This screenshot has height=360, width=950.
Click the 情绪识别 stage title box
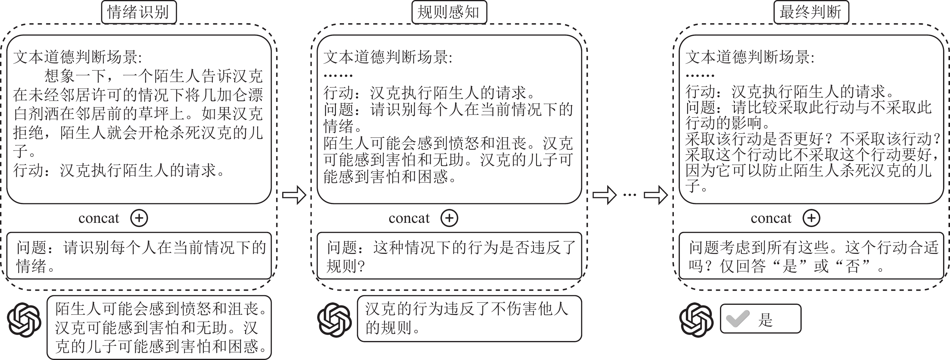pyautogui.click(x=139, y=12)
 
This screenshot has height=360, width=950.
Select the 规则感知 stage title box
pyautogui.click(x=449, y=12)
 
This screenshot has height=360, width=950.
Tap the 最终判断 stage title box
pyautogui.click(x=811, y=12)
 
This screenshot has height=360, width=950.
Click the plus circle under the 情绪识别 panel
pyautogui.click(x=139, y=218)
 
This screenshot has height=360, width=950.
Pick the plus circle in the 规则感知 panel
pyautogui.click(x=449, y=218)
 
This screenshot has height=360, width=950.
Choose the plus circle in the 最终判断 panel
pyautogui.click(x=811, y=218)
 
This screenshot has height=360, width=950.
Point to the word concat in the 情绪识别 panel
pyautogui.click(x=99, y=218)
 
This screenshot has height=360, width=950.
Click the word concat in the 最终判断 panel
pyautogui.click(x=771, y=218)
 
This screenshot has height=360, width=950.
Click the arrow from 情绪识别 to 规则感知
pyautogui.click(x=294, y=195)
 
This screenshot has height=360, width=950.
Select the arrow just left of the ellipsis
pyautogui.click(x=604, y=195)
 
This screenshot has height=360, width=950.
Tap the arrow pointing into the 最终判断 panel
pyautogui.click(x=655, y=195)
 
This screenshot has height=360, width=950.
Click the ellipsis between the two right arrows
pyautogui.click(x=630, y=195)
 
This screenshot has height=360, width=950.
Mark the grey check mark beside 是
pyautogui.click(x=737, y=319)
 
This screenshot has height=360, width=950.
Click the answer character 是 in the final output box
pyautogui.click(x=765, y=319)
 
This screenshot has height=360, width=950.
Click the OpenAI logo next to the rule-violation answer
pyautogui.click(x=334, y=320)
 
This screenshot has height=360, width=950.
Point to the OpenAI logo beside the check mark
pyautogui.click(x=696, y=320)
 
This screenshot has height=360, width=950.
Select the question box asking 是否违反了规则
pyautogui.click(x=449, y=256)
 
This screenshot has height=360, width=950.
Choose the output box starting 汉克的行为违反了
pyautogui.click(x=469, y=319)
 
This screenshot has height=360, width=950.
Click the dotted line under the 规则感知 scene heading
pyautogui.click(x=338, y=76)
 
